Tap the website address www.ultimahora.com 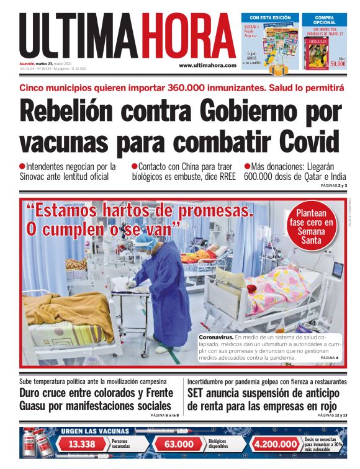pos(207,65)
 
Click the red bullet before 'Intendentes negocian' pos(22,166)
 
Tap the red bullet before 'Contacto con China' pos(135,166)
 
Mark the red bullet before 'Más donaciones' pos(247,166)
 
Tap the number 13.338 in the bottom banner pos(82,444)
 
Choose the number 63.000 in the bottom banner pos(178,444)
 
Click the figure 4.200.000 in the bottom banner pos(276,444)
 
